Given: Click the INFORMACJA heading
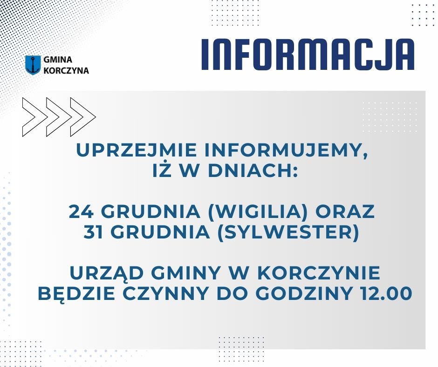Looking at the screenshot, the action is (308, 54).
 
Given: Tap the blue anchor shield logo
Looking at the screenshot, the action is (33, 65).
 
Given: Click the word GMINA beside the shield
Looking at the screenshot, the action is (58, 60).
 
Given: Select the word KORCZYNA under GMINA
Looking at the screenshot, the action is (66, 70).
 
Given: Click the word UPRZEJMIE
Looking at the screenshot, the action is (137, 150).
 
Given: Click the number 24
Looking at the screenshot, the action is (81, 211).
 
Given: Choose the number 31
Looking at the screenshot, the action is (96, 232).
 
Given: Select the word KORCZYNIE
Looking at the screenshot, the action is (321, 273).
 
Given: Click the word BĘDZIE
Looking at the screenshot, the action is (76, 294).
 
